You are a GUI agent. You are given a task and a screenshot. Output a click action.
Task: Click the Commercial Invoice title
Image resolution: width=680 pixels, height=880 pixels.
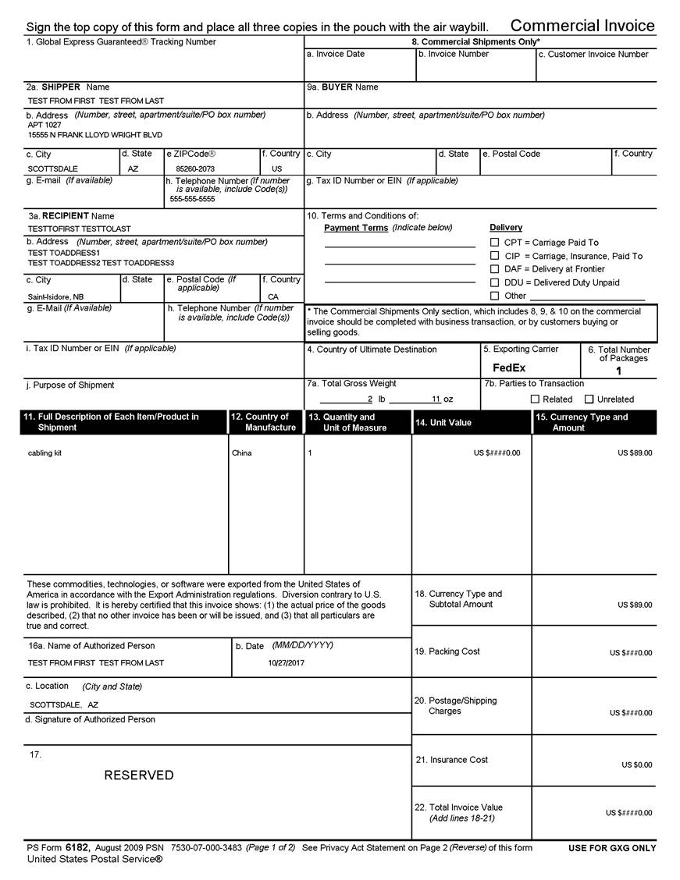582,26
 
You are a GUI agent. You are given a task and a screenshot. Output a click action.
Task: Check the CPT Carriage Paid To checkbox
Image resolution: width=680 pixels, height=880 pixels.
494,243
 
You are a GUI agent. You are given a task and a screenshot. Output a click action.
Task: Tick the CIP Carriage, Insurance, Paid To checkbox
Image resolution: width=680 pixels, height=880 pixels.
494,256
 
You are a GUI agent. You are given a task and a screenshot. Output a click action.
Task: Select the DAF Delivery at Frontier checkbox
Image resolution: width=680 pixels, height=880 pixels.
494,269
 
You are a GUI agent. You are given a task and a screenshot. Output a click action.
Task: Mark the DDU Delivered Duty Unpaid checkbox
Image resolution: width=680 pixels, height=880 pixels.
494,282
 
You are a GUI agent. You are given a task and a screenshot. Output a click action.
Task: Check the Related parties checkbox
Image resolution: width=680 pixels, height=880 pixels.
536,399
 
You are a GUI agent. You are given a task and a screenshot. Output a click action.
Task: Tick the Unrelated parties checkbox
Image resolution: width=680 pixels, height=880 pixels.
589,399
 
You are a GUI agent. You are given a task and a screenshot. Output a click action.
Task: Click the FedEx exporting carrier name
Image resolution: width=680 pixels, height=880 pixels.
509,367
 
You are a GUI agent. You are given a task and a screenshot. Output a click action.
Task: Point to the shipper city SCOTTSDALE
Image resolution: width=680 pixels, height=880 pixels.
53,169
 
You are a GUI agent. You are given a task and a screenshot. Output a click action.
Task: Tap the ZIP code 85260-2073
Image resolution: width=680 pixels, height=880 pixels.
195,169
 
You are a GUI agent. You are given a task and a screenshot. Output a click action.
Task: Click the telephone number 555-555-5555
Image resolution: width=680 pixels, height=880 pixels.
192,199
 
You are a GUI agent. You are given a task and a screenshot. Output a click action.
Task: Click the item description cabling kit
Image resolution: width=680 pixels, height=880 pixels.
45,453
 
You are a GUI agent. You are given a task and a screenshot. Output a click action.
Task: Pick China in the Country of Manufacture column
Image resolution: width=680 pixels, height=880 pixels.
242,453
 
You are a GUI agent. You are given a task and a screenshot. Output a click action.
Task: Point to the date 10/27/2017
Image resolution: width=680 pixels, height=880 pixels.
286,663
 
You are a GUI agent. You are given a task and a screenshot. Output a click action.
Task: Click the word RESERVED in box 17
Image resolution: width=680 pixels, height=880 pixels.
139,775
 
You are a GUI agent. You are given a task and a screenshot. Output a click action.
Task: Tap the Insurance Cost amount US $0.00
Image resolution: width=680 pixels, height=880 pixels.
636,765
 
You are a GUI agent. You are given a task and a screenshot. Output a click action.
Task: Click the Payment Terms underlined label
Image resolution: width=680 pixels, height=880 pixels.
356,228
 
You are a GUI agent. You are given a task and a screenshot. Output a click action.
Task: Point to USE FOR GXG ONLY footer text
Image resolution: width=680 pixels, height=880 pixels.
612,848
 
